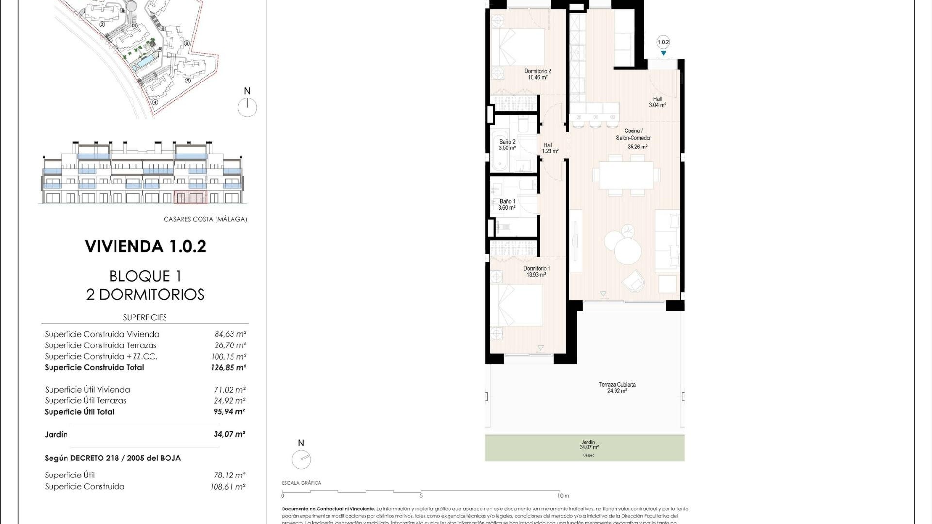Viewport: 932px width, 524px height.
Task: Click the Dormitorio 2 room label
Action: click(537, 74)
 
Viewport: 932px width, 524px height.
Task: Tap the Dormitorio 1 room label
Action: click(536, 272)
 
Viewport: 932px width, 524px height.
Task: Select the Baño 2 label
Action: click(507, 145)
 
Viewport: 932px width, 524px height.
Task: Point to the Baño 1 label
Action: click(507, 204)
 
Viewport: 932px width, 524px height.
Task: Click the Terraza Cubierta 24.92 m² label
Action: click(617, 387)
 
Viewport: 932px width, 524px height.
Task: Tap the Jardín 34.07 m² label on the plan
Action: click(588, 445)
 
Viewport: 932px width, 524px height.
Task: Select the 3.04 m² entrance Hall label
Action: click(657, 102)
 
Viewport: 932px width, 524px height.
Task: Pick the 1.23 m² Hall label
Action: click(549, 148)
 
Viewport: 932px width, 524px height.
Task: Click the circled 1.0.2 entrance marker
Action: click(663, 42)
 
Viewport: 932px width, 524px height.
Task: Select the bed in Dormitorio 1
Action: click(516, 305)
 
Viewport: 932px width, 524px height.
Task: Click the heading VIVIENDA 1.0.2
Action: click(146, 246)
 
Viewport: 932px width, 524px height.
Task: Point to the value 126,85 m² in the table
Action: click(228, 368)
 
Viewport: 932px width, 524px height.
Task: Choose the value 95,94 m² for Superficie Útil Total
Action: click(229, 412)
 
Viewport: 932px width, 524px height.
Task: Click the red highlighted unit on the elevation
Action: click(190, 197)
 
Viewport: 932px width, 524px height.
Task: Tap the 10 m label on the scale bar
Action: click(563, 496)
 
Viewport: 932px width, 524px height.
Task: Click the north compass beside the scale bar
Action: click(301, 459)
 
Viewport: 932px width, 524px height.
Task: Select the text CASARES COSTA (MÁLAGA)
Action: click(205, 219)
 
